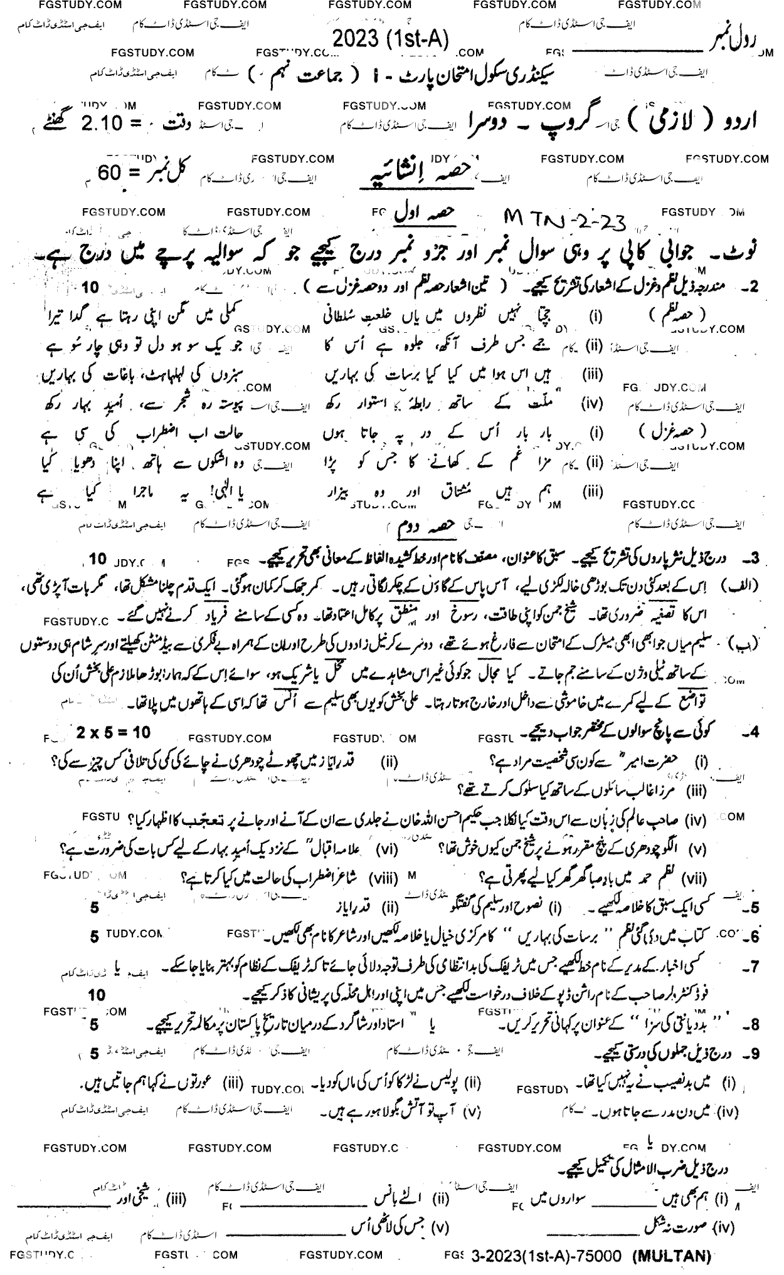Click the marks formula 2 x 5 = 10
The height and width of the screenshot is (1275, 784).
tap(114, 732)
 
